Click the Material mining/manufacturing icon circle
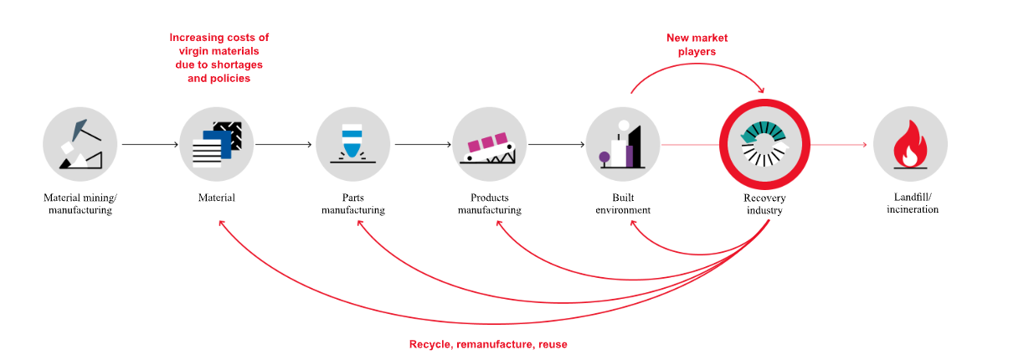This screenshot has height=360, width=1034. tap(80, 145)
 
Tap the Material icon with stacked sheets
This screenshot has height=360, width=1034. tap(216, 145)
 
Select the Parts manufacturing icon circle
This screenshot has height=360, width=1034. tap(352, 145)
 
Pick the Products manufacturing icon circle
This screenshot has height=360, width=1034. tap(489, 145)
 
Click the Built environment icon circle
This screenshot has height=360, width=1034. tap(622, 145)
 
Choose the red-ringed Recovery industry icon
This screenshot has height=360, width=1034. tap(764, 145)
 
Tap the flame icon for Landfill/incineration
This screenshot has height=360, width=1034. tap(910, 145)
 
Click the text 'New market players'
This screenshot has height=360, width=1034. tap(697, 44)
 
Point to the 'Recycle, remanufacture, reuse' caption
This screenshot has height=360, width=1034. tap(487, 344)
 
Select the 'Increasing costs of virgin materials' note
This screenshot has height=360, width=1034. tap(219, 58)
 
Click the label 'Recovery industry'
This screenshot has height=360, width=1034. tap(764, 204)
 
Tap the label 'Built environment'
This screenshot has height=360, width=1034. tap(622, 204)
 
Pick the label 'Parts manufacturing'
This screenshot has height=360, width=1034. tap(352, 204)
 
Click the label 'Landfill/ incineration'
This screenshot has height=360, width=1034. tap(913, 203)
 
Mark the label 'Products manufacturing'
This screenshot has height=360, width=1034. tap(489, 204)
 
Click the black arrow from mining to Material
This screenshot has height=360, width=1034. tap(149, 145)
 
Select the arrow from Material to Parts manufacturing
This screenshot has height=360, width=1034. tap(284, 145)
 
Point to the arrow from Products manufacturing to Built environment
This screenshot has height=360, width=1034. tap(556, 145)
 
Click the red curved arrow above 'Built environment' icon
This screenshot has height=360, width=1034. tap(695, 69)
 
